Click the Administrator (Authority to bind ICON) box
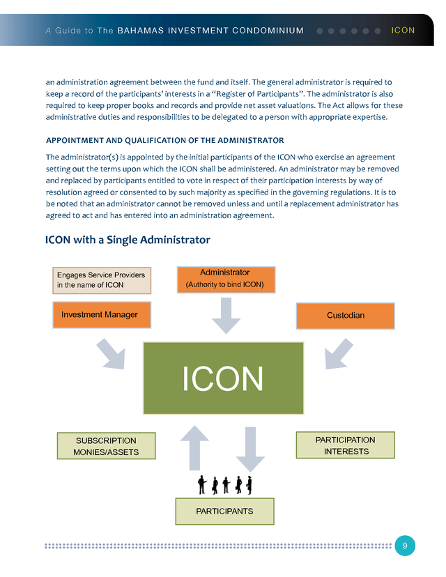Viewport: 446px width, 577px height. (x=225, y=279)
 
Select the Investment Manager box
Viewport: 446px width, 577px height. (x=100, y=315)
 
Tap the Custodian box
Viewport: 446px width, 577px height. (x=345, y=316)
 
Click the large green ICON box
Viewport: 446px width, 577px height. (x=223, y=378)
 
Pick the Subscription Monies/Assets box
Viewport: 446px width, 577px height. (x=106, y=446)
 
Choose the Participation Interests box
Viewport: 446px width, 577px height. (x=345, y=445)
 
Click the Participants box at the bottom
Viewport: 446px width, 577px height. (x=224, y=511)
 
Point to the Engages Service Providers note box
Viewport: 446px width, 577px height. (x=102, y=279)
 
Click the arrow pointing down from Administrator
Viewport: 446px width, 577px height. (x=226, y=316)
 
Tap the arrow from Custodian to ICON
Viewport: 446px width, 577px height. (x=338, y=354)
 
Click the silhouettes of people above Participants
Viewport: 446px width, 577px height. (x=224, y=484)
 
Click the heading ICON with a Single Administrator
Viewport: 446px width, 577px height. (x=128, y=240)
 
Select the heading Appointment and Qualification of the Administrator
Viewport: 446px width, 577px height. (x=164, y=140)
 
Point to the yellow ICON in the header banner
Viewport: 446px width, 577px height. (x=403, y=31)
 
